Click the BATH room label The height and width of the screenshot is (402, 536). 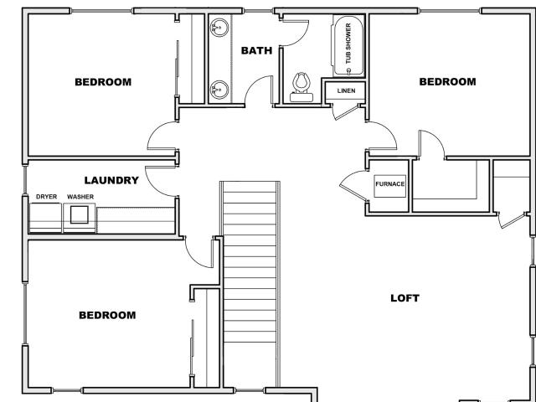256,50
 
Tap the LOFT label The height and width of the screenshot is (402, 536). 405,298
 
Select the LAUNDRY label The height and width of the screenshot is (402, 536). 111,180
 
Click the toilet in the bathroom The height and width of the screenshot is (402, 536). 301,87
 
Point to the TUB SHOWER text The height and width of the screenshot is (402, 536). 348,43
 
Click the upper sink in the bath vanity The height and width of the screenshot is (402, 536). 219,28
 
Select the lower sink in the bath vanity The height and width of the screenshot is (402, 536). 219,90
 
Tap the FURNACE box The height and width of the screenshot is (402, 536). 389,186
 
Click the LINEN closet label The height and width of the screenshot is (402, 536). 346,90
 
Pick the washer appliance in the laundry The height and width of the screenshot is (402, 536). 80,218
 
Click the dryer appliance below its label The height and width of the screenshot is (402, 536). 45,218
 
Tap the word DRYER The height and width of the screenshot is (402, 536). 47,197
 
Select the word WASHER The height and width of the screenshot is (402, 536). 80,197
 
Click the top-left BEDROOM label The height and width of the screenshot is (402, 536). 103,82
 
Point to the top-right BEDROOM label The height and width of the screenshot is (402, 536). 447,82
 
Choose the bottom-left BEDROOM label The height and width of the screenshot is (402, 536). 107,315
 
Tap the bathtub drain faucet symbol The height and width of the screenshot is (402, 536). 348,71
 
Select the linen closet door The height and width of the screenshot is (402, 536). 346,112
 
